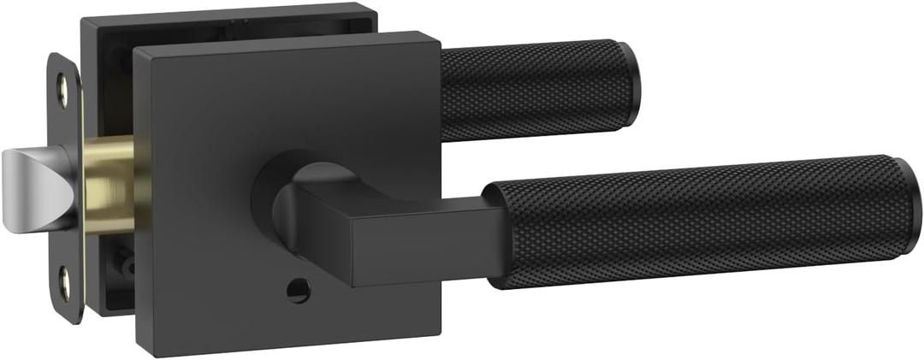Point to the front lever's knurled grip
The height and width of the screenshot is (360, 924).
tap(702, 221)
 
